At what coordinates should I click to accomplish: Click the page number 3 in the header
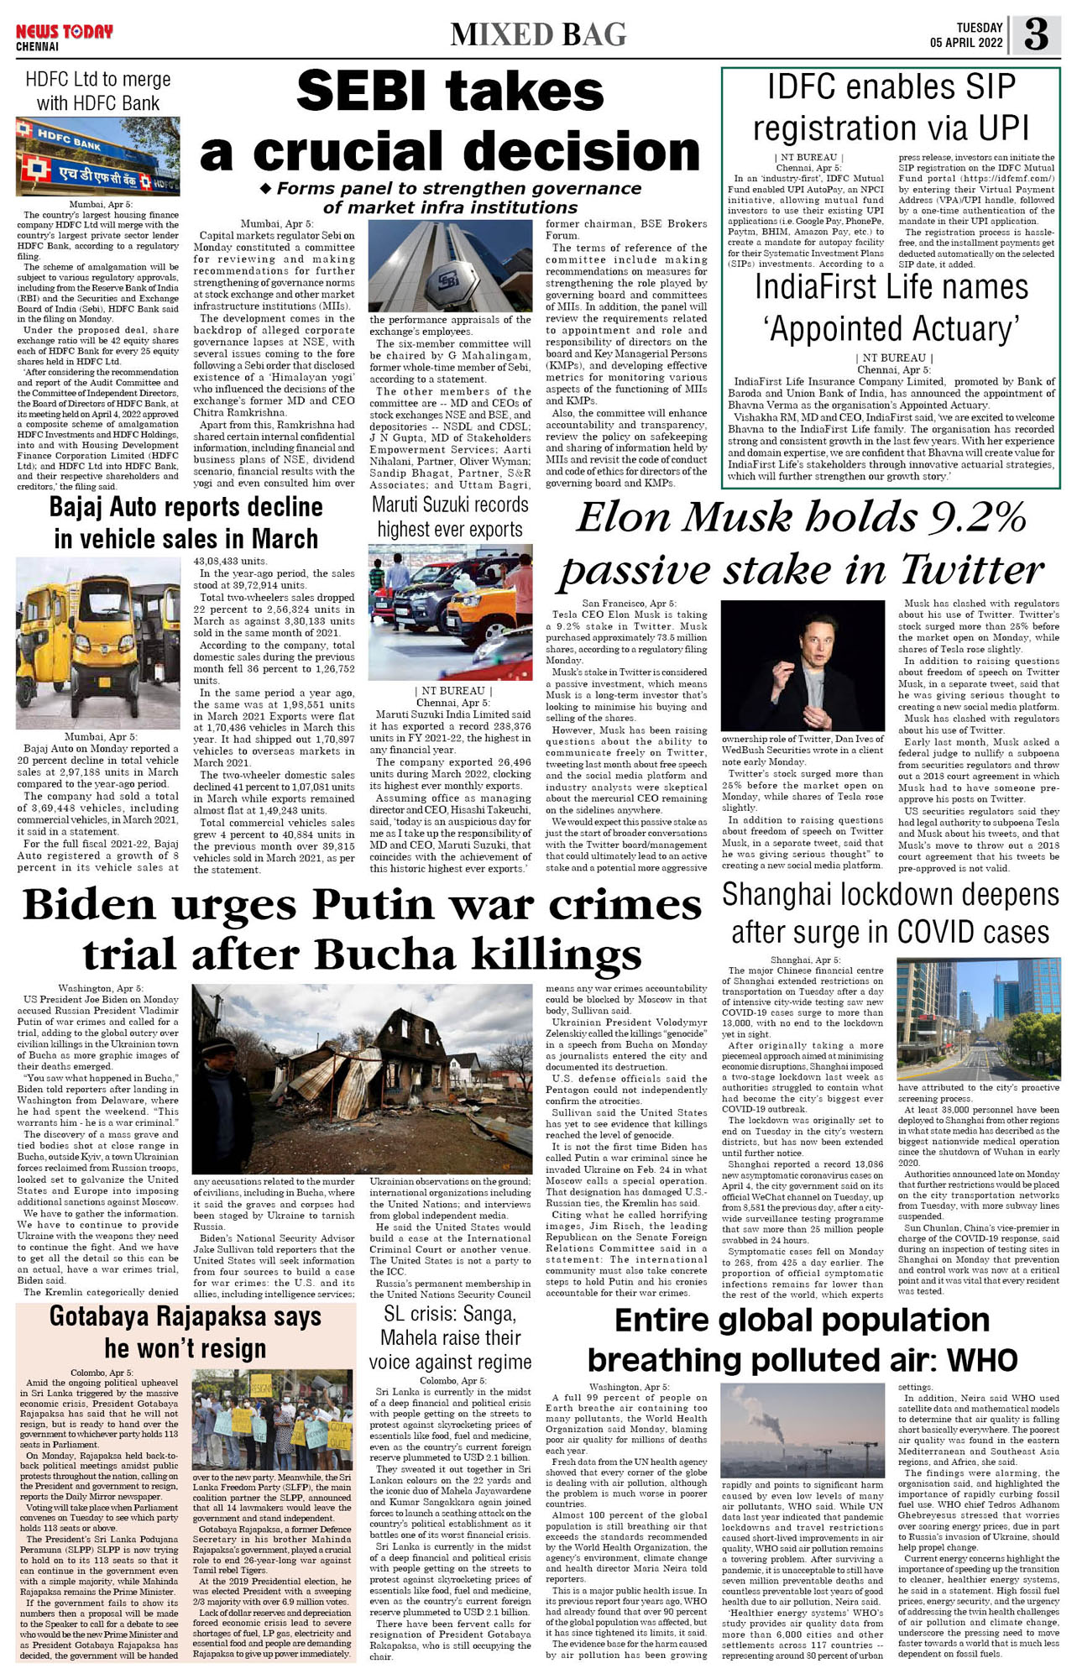click(1036, 35)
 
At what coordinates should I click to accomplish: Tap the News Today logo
click(64, 32)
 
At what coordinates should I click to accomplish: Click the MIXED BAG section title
click(538, 34)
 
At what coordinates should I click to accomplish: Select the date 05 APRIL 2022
click(966, 43)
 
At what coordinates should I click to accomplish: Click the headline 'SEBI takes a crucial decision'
click(450, 122)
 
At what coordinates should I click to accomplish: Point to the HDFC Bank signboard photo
click(97, 157)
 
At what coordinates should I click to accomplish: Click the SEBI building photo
click(450, 266)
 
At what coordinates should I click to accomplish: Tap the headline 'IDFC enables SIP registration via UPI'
click(890, 107)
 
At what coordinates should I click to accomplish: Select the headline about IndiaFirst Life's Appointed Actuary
click(891, 307)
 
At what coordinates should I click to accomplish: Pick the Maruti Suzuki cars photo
click(450, 599)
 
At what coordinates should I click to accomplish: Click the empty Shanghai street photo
click(978, 1018)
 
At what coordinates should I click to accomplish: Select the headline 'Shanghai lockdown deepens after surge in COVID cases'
click(890, 913)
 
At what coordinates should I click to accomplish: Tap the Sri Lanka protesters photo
click(273, 1420)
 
